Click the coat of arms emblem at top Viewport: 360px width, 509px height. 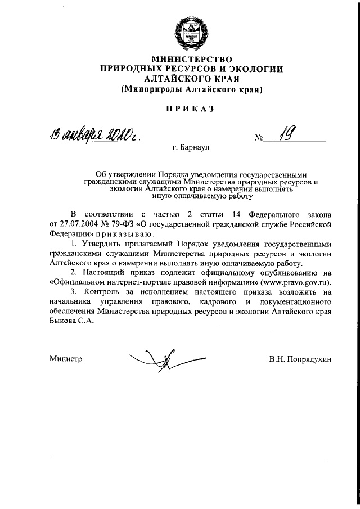(191, 31)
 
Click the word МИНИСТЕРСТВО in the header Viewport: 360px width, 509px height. (191, 58)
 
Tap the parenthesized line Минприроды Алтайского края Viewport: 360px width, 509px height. (191, 89)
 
